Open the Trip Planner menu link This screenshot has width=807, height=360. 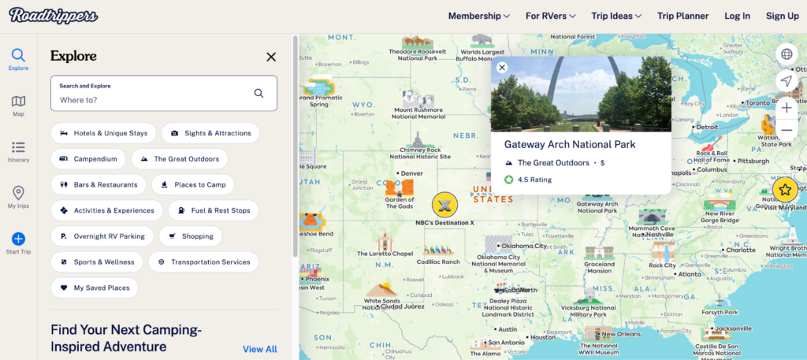point(682,16)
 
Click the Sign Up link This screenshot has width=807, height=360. point(782,16)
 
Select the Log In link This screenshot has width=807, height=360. point(737,16)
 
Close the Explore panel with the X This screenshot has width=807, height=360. point(271,57)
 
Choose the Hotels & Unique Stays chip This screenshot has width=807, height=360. point(102,133)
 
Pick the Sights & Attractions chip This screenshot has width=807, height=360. point(210,133)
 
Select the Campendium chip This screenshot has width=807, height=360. point(87,159)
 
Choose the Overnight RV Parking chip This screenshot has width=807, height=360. point(102,236)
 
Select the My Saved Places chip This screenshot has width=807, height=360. point(94,288)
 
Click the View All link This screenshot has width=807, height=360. point(259,349)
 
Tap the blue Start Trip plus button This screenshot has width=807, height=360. point(18,239)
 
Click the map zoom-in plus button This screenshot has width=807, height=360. point(786,107)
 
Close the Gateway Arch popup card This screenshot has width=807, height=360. point(502,68)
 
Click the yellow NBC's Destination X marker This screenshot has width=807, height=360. point(444,205)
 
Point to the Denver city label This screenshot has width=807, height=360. point(411,173)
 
